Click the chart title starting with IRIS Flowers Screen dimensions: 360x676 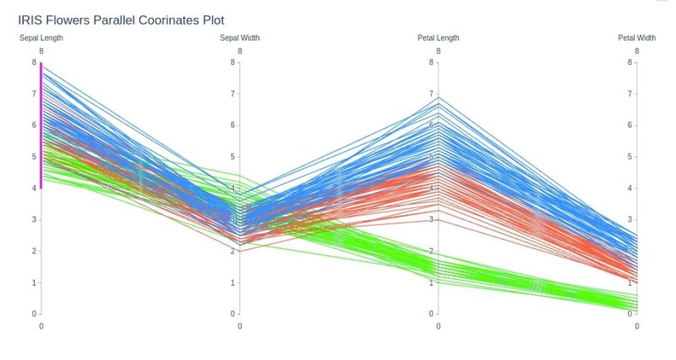[x=121, y=19]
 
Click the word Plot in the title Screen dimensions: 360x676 [x=212, y=19]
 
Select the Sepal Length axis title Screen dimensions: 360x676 [x=41, y=38]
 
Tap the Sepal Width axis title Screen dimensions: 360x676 [x=240, y=38]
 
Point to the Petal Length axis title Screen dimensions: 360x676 [x=439, y=38]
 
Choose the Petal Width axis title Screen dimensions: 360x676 [x=637, y=38]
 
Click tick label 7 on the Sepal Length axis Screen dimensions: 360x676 [x=34, y=94]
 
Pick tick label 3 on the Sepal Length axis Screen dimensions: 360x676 [x=34, y=220]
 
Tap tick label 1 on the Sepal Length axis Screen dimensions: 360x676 [x=34, y=283]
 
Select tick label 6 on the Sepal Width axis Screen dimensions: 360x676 [x=232, y=125]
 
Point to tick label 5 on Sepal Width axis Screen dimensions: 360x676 [x=232, y=156]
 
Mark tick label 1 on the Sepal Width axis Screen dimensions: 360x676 [x=232, y=283]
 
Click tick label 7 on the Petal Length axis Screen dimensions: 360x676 [x=431, y=94]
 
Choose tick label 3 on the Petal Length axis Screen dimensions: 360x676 [x=431, y=220]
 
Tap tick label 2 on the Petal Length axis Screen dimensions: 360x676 [x=431, y=252]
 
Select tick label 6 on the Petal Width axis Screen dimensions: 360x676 [x=630, y=125]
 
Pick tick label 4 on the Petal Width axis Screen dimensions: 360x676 [x=630, y=188]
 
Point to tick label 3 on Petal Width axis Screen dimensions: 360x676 [x=630, y=220]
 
